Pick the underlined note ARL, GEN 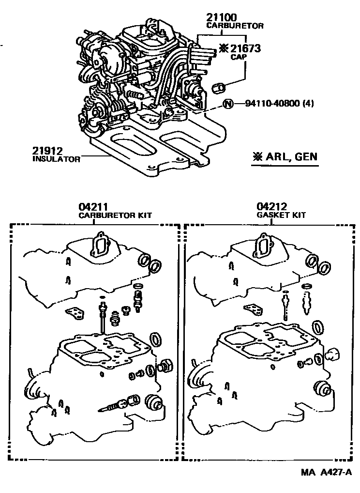285,156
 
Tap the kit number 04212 269,208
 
